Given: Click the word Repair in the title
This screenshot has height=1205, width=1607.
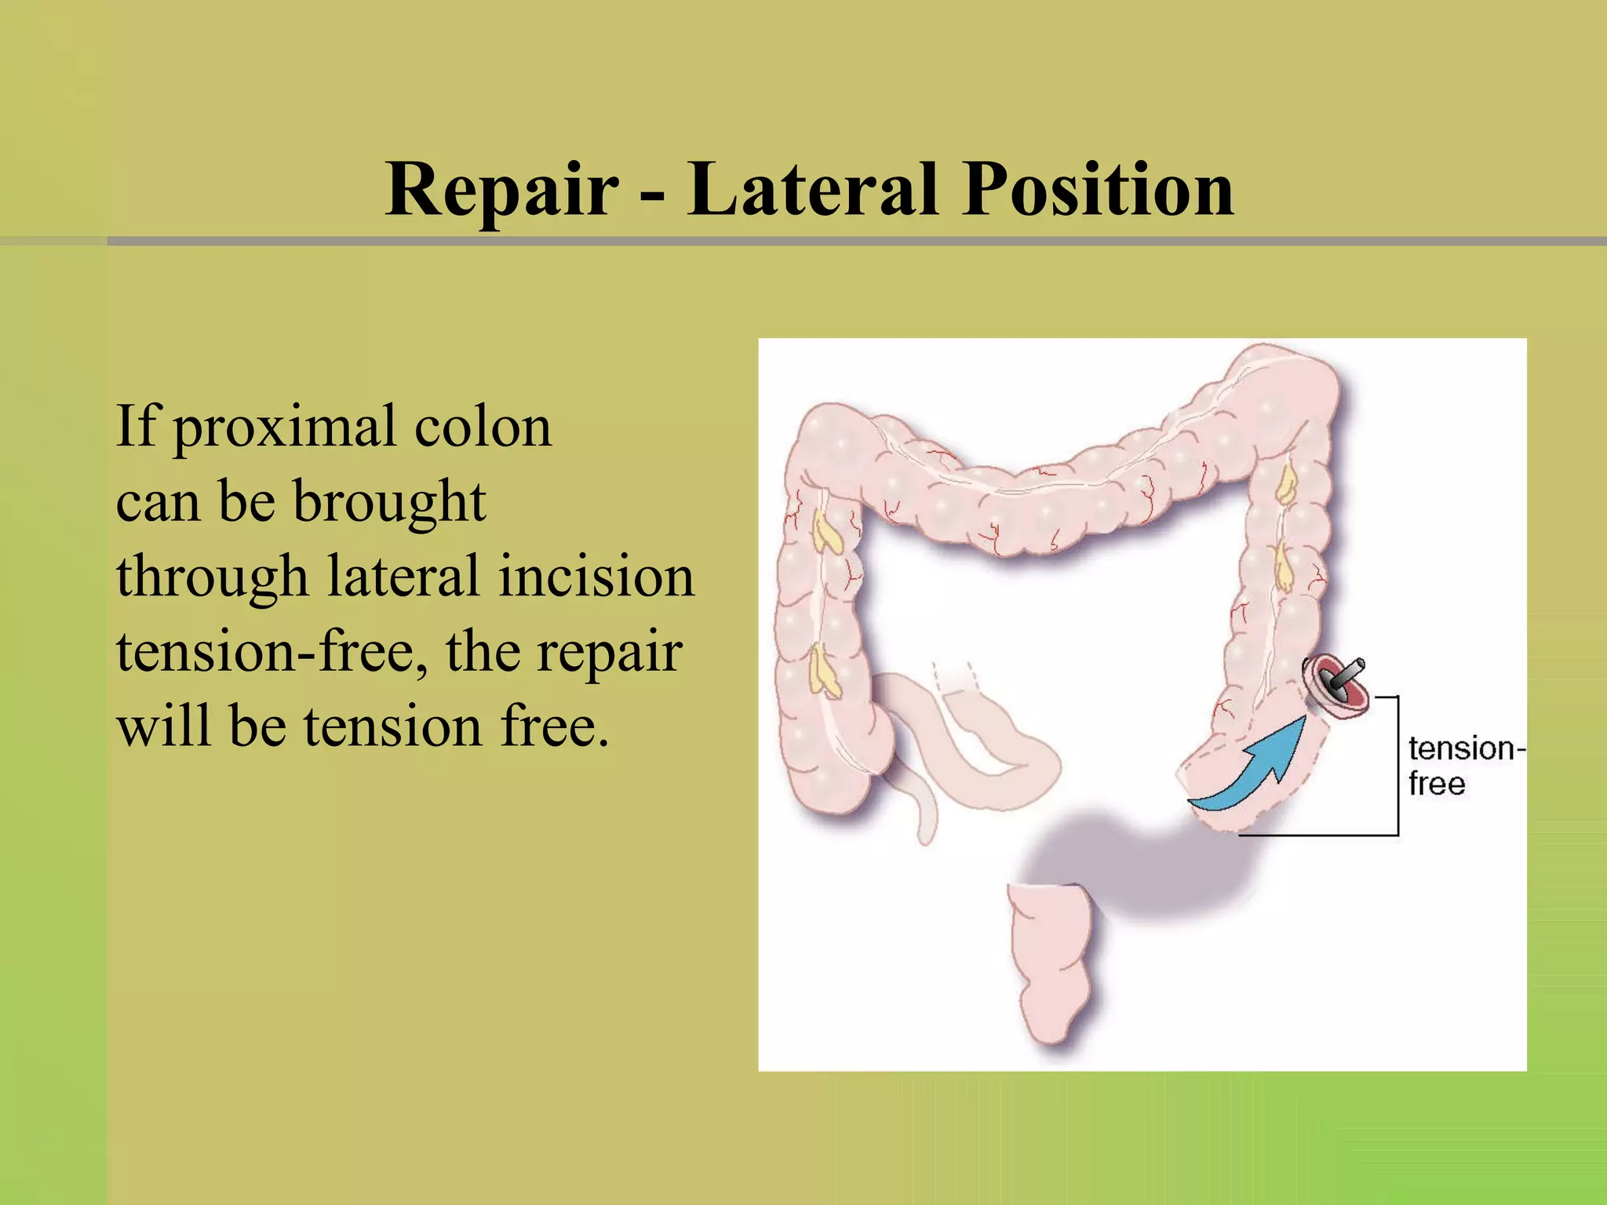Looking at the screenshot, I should click(x=502, y=191).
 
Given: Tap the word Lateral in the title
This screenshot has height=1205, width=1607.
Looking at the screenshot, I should click(x=812, y=189).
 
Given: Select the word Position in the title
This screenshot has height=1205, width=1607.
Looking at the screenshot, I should click(x=1098, y=191).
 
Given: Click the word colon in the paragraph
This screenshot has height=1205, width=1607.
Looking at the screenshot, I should click(x=483, y=428).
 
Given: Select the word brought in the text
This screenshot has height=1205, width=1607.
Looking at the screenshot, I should click(x=389, y=502).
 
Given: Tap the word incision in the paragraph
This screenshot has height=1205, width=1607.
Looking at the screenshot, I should click(x=596, y=576).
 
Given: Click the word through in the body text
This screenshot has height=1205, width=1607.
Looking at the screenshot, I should click(x=212, y=577).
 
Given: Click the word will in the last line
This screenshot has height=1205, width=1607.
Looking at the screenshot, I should click(x=163, y=726).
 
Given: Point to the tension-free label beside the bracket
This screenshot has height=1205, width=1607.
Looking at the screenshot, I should click(x=1463, y=766).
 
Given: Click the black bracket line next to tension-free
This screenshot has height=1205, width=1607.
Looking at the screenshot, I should click(x=1397, y=766).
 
